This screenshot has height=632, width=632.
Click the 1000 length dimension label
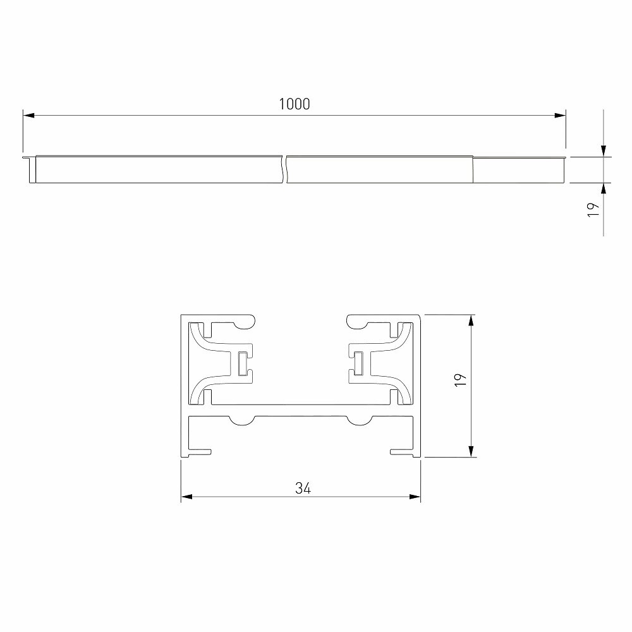(295, 104)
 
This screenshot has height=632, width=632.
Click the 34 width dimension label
(303, 488)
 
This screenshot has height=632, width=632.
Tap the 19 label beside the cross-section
(460, 380)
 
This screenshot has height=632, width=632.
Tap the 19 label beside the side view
(593, 210)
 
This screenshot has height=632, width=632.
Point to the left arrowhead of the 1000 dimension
(28, 116)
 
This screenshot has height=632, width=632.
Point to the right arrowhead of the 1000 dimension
(560, 116)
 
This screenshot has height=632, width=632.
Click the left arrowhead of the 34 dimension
(186, 497)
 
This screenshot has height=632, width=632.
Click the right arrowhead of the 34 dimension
(415, 497)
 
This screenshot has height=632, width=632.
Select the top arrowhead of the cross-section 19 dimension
(471, 320)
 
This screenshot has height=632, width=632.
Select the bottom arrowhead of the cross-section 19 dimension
(471, 451)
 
